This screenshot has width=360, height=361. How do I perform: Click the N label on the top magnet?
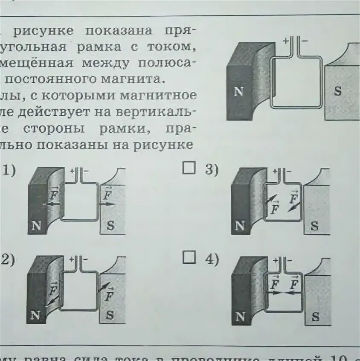click(238, 92)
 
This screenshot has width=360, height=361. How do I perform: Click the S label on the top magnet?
click(338, 92)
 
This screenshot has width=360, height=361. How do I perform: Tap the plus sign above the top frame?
click(285, 41)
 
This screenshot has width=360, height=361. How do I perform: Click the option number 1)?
click(9, 171)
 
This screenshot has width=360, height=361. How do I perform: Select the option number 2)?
click(8, 259)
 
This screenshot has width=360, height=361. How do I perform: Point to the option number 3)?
click(211, 170)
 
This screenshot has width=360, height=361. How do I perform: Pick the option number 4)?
click(211, 259)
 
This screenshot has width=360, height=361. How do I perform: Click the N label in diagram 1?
click(36, 226)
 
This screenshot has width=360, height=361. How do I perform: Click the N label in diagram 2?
click(36, 316)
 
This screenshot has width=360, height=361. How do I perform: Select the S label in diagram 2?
click(110, 316)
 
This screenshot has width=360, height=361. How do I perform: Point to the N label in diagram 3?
click(240, 226)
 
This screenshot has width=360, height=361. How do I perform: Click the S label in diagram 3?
click(315, 226)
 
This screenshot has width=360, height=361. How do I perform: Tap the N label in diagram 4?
click(240, 317)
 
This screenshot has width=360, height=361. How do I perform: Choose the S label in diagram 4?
click(315, 317)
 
